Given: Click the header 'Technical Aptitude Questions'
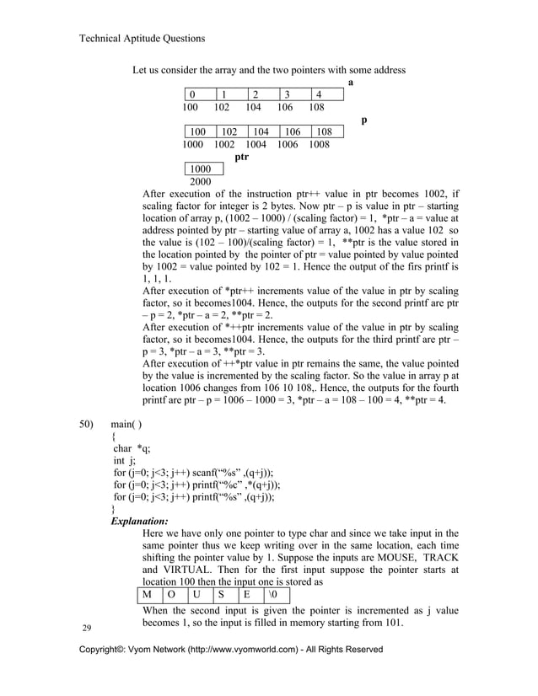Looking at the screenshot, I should point(141,38).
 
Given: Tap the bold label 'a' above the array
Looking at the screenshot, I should point(351,83).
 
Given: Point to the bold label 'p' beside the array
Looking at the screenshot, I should point(363,120).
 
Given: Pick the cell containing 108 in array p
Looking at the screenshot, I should point(324,132).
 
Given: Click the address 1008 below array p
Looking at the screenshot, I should point(320,144).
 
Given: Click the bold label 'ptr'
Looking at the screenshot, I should point(241,157).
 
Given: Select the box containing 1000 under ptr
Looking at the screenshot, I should point(201,169).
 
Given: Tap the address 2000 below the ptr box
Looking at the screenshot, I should point(201,181).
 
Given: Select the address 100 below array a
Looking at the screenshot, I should point(190,107).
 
